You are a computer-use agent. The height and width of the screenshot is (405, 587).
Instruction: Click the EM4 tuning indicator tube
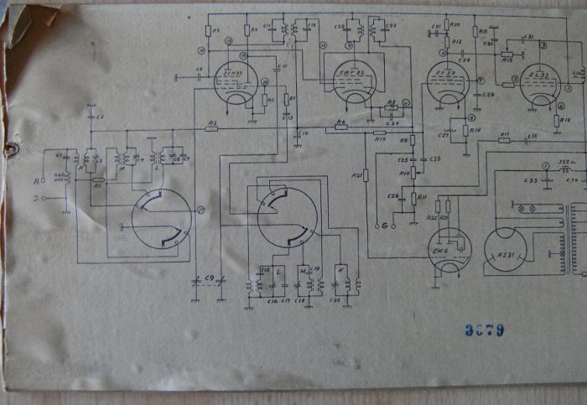tap(449, 249)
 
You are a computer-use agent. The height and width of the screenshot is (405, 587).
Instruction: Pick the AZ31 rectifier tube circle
tap(505, 249)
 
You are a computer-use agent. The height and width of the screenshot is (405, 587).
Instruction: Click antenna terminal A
tap(36, 180)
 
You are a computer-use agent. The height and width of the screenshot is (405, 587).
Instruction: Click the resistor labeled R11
tap(413, 198)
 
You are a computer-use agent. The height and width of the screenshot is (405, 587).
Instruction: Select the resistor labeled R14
tap(465, 130)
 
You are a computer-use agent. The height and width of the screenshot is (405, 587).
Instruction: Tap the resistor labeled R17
tap(504, 140)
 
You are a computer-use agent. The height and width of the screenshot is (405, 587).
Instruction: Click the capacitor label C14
tap(304, 134)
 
